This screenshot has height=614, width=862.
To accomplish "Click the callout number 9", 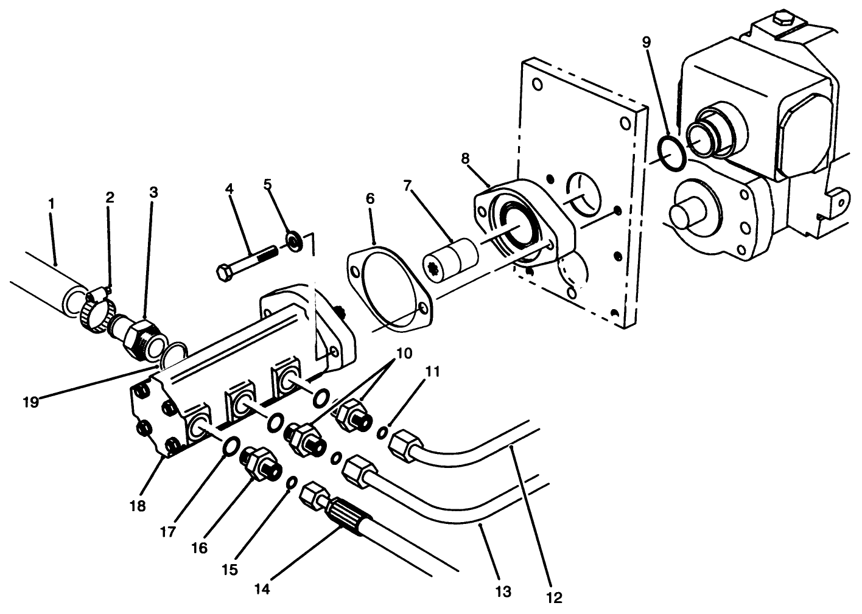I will point(646,42).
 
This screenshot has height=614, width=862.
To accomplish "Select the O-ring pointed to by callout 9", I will point(673,150).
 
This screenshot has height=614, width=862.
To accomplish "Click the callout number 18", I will point(138,506).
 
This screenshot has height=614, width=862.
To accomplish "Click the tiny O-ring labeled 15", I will point(291,483).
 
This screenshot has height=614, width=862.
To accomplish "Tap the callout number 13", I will point(503,590).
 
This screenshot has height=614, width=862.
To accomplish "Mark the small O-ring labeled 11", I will point(382,432).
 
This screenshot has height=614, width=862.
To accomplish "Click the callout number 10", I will point(404,352).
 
